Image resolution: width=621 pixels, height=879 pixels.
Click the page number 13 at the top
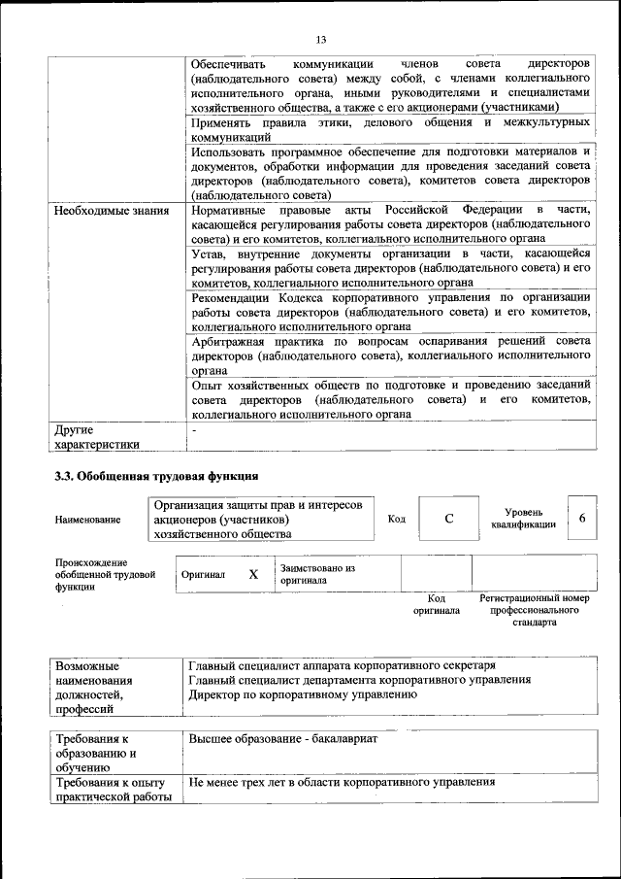point(320,39)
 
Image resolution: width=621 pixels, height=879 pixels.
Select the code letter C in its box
point(449,519)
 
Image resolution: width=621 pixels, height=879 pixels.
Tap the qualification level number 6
point(582,518)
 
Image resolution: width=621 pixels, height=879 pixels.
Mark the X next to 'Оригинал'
point(253,574)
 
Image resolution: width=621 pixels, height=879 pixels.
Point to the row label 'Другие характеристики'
point(96,436)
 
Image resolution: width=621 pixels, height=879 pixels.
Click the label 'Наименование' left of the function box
point(88,520)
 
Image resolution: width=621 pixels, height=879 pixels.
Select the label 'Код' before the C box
point(397,519)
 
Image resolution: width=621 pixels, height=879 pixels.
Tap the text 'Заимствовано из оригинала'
point(318,574)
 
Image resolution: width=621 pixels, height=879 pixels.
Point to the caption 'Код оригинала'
point(436,605)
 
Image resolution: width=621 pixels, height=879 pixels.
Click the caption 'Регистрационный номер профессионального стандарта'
point(535,611)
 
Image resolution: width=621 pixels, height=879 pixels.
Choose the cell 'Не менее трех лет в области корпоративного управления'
point(336,781)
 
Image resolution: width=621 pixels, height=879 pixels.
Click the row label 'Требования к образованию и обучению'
point(96,753)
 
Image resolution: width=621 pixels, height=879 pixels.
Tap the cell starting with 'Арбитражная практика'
point(390,355)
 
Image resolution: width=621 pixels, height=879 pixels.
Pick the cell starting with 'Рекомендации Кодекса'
point(390,312)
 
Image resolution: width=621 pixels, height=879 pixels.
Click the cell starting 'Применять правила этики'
point(390,130)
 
